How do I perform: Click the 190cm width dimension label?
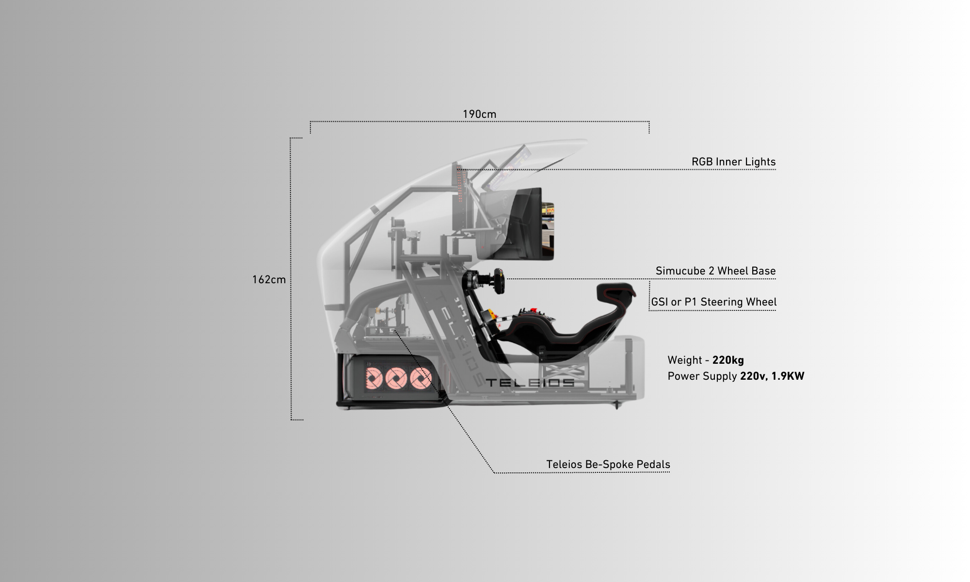479,114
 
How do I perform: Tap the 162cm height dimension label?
269,280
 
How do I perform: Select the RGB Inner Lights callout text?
733,162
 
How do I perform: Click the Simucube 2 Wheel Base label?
715,271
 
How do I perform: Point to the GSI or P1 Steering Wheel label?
713,302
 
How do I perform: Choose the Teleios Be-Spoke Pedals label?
608,465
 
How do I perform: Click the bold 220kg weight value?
728,360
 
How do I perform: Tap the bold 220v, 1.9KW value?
772,376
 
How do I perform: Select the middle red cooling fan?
396,378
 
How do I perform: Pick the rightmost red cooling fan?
420,378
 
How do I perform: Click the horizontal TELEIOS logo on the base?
530,383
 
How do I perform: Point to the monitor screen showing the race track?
547,231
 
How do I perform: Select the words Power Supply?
702,376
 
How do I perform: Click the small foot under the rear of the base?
617,404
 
